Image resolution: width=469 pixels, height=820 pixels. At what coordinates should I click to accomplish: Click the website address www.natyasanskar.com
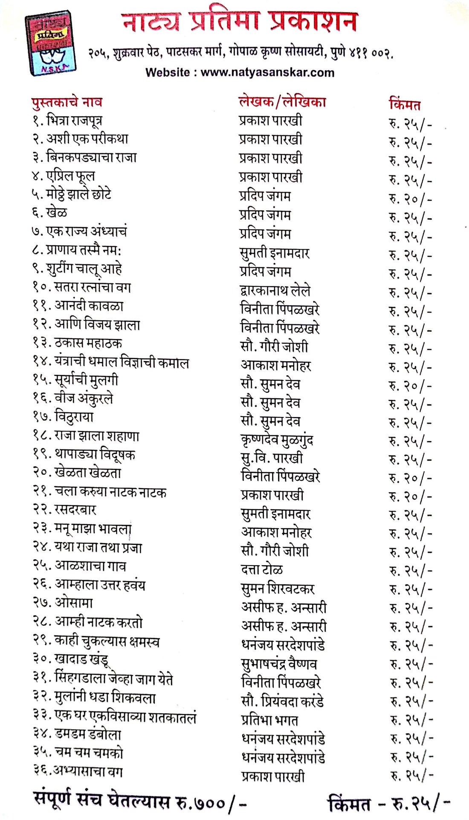(267, 72)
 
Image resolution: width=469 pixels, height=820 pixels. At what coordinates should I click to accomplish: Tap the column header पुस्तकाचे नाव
(67, 102)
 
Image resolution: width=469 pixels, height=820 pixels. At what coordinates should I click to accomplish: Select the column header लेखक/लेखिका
(282, 102)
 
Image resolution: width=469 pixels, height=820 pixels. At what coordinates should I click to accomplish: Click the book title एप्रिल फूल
(70, 175)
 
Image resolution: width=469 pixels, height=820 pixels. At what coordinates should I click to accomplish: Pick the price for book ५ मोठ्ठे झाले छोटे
(410, 198)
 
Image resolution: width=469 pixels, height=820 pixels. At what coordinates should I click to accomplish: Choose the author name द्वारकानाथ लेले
(275, 291)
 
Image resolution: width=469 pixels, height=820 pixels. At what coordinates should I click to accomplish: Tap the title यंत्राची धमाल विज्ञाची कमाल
(122, 362)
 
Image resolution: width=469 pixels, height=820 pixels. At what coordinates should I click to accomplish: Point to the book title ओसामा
(74, 603)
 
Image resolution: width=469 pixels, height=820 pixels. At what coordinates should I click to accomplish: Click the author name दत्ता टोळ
(262, 569)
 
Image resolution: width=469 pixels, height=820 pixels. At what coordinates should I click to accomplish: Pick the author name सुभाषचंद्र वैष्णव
(279, 664)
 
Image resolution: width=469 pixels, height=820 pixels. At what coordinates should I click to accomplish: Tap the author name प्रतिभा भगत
(269, 720)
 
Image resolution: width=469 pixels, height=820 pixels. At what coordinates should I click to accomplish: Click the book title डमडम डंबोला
(88, 734)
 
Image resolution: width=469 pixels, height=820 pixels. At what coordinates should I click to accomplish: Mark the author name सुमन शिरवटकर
(278, 589)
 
